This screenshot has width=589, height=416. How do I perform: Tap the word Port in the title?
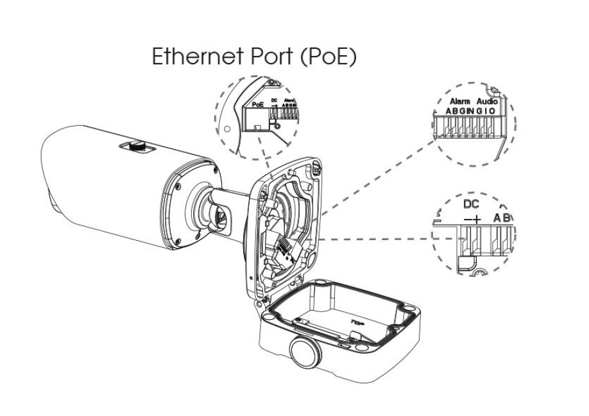pyautogui.click(x=268, y=56)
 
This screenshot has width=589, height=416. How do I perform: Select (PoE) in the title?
pyautogui.click(x=328, y=56)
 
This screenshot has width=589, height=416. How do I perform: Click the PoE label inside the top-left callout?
pyautogui.click(x=259, y=103)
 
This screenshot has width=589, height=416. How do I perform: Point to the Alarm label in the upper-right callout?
pyautogui.click(x=459, y=101)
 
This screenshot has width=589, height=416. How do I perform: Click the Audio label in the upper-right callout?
pyautogui.click(x=488, y=101)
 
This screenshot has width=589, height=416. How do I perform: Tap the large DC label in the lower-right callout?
pyautogui.click(x=472, y=205)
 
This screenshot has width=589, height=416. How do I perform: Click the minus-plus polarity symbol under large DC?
pyautogui.click(x=472, y=219)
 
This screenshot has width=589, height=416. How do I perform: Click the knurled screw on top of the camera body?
pyautogui.click(x=136, y=146)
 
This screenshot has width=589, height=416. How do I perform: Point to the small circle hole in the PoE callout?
pyautogui.click(x=226, y=128)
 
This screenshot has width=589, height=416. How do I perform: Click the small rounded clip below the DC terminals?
pyautogui.click(x=465, y=262)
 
